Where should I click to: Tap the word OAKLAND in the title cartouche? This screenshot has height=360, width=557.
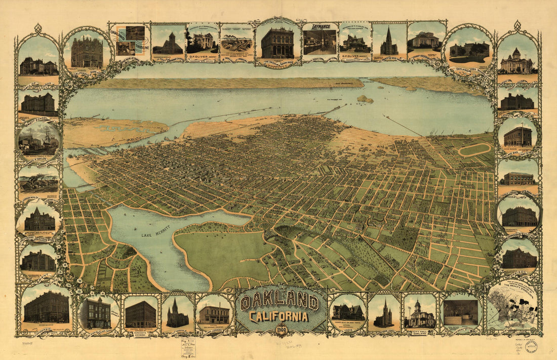(280, 303)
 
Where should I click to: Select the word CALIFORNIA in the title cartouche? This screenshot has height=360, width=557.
(278, 317)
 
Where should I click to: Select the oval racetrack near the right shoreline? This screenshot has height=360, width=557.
(474, 149)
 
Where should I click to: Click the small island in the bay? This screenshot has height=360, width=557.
(365, 99)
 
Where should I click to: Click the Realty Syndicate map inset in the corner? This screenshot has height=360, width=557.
(513, 307)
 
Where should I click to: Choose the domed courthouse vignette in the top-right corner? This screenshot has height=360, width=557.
(516, 61)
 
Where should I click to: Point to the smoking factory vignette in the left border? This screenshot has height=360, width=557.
(38, 178)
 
